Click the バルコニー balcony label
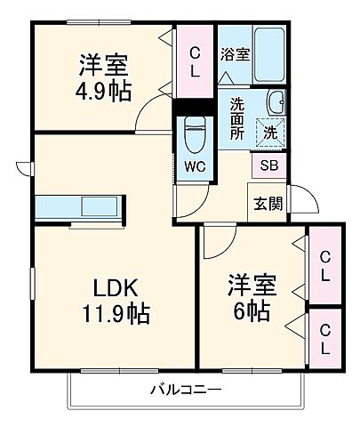point(185,390)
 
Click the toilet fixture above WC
point(193,133)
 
